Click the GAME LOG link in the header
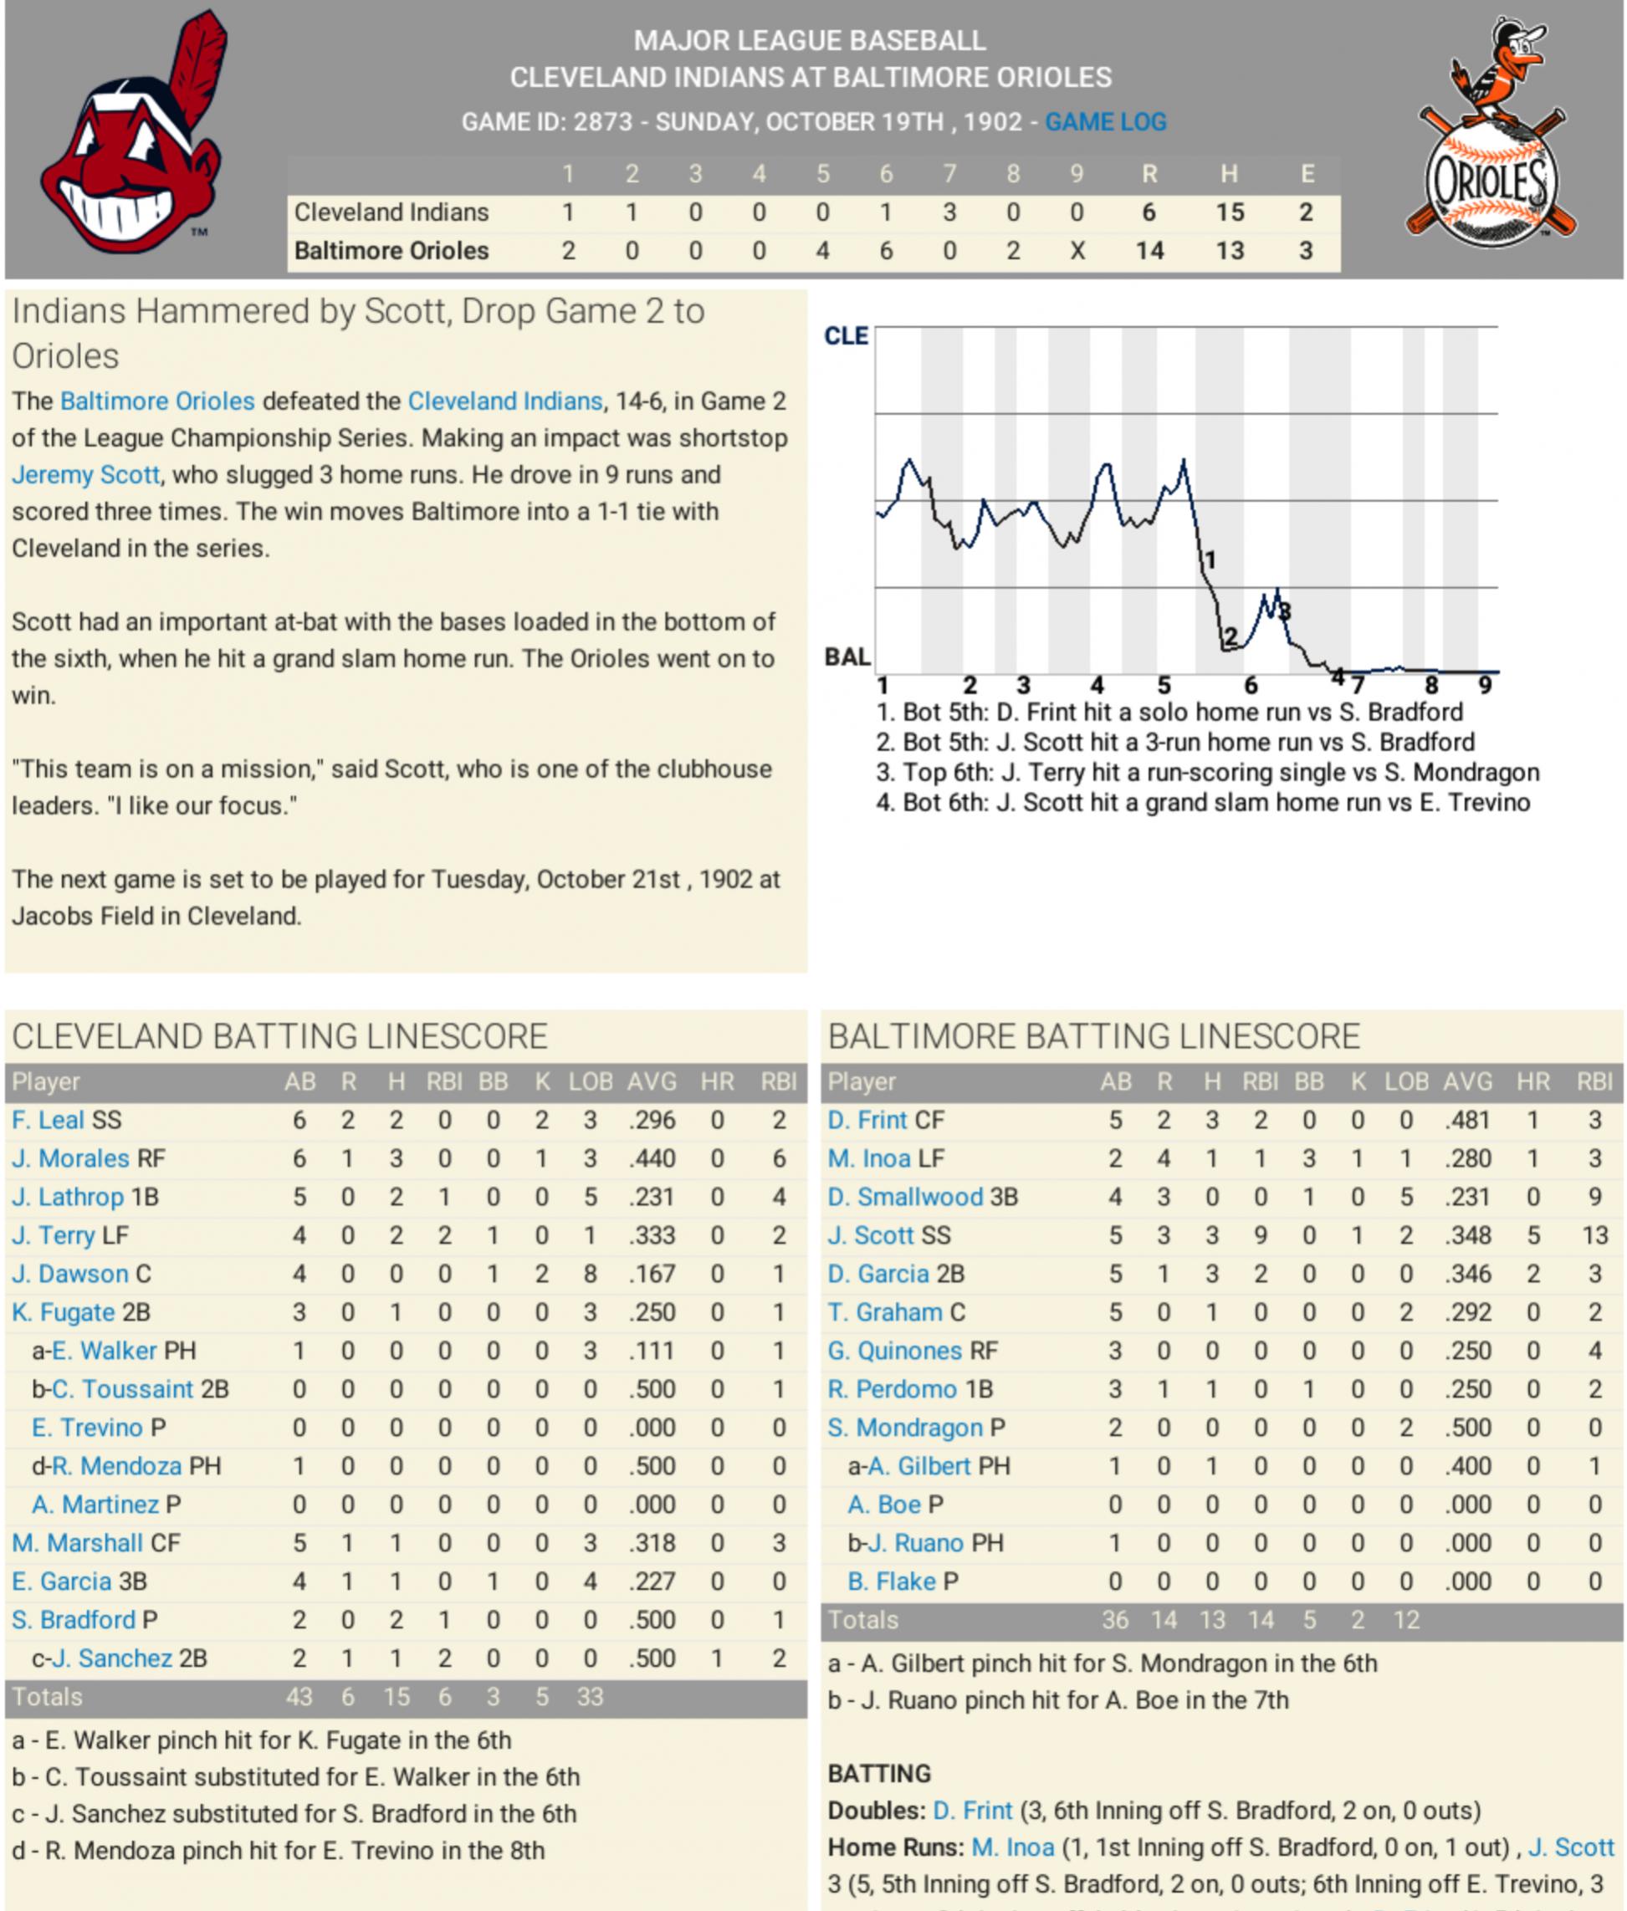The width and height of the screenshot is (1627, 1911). [x=1105, y=122]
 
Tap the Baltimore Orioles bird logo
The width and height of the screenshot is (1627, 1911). [x=1491, y=135]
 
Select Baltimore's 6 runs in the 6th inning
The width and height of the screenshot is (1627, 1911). [x=886, y=251]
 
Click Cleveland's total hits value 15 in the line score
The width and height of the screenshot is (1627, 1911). [x=1229, y=212]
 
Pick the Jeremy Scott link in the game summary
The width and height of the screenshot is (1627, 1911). [x=86, y=475]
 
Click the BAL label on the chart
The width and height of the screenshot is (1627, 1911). [x=847, y=657]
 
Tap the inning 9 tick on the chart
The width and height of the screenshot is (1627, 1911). [x=1485, y=685]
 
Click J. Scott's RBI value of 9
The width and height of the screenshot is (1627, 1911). [x=1260, y=1235]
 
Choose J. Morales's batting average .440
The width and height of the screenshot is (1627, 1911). [x=652, y=1158]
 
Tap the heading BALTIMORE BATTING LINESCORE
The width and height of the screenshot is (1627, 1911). [x=1093, y=1037]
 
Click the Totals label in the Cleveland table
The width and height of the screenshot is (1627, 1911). [x=47, y=1697]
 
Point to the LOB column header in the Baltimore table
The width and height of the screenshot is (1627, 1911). [x=1405, y=1082]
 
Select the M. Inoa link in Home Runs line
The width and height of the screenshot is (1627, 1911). [x=1013, y=1847]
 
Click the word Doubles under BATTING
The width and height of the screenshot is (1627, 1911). [x=875, y=1811]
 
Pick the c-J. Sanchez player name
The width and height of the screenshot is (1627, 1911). [x=110, y=1658]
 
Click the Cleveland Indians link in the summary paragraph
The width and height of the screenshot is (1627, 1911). [x=504, y=401]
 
